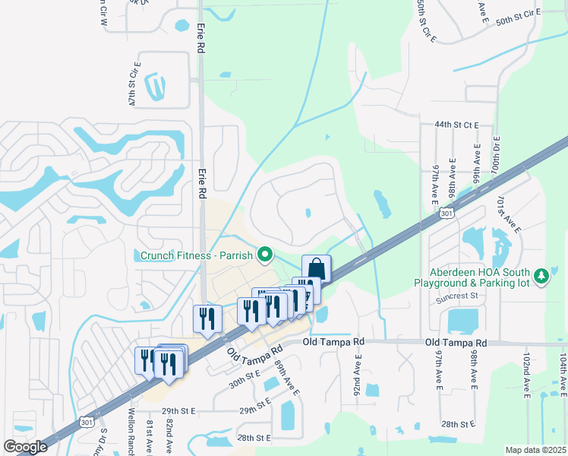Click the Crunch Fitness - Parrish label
coord(196,255)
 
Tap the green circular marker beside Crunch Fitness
coord(265,255)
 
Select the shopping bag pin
coord(316,269)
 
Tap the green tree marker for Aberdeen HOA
coord(541,276)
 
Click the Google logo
coord(26,447)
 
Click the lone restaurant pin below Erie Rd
coord(206,319)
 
